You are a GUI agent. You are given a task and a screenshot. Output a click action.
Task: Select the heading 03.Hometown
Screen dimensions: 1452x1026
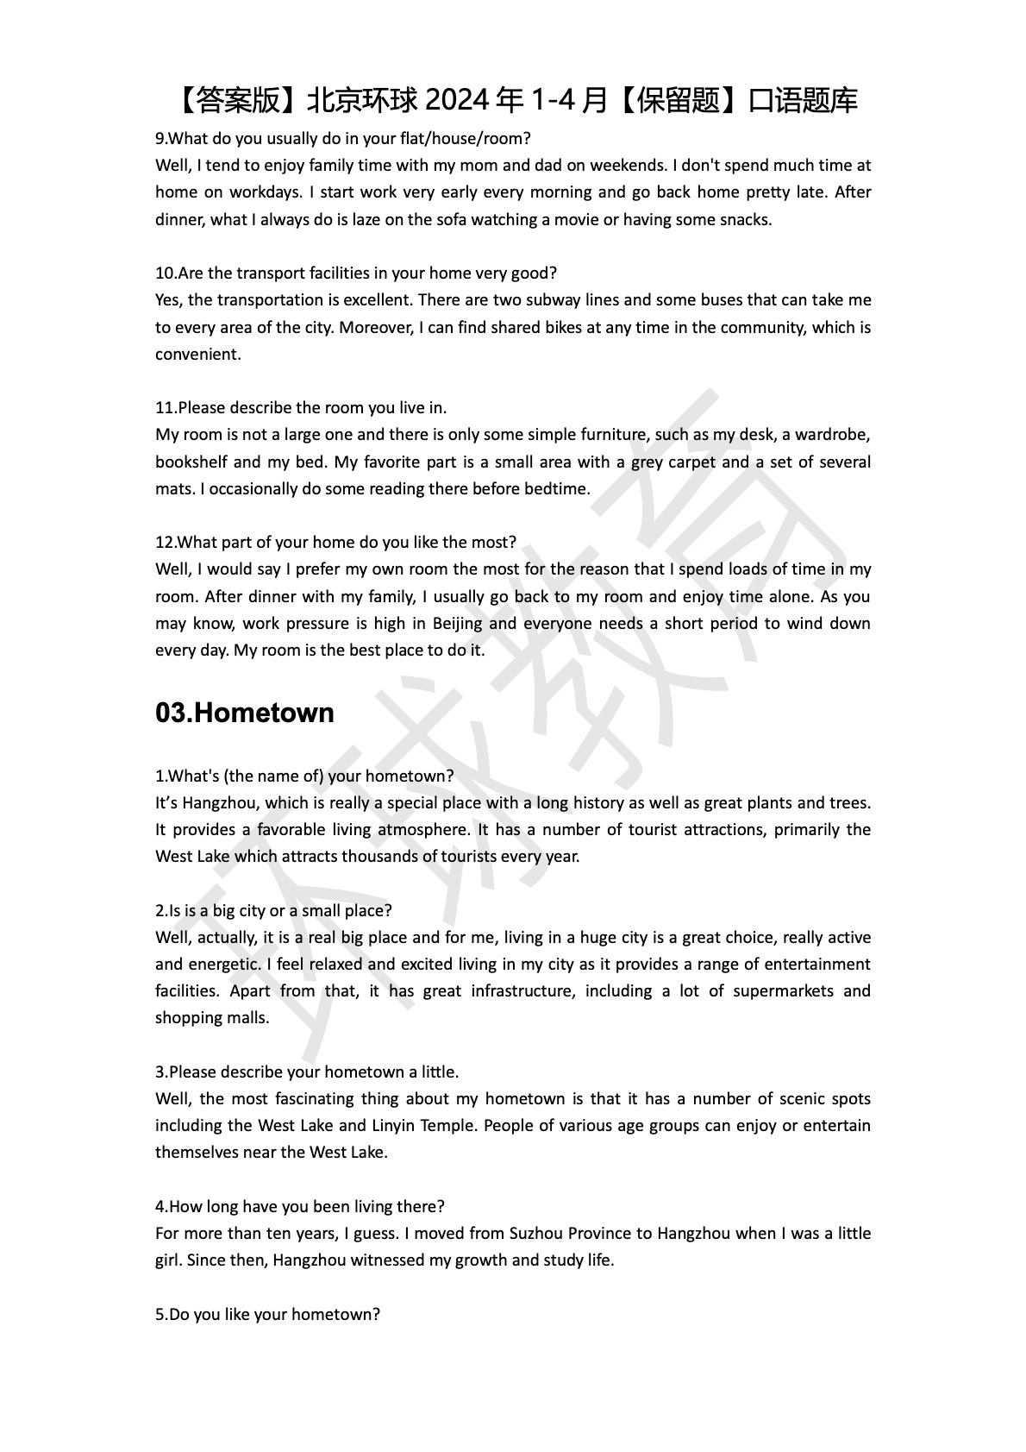[x=244, y=713]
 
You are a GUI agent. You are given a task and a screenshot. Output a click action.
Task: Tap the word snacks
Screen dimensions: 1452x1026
[x=744, y=219]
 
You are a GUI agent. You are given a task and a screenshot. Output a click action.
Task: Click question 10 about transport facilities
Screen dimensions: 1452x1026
[x=356, y=273]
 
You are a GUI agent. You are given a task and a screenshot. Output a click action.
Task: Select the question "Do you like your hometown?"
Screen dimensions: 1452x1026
[x=267, y=1314]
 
